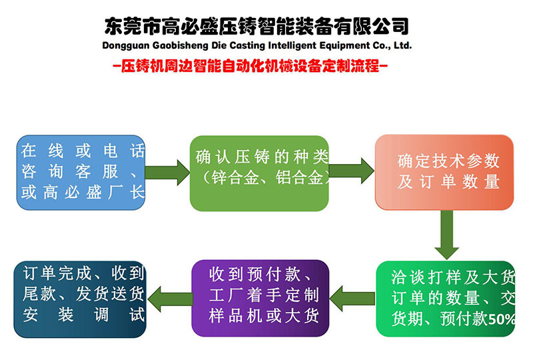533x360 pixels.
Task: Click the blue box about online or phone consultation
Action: [80, 173]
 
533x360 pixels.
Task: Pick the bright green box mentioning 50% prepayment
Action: [446, 298]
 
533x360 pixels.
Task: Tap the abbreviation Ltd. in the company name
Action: [402, 46]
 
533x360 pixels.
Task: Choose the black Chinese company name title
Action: [257, 25]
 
